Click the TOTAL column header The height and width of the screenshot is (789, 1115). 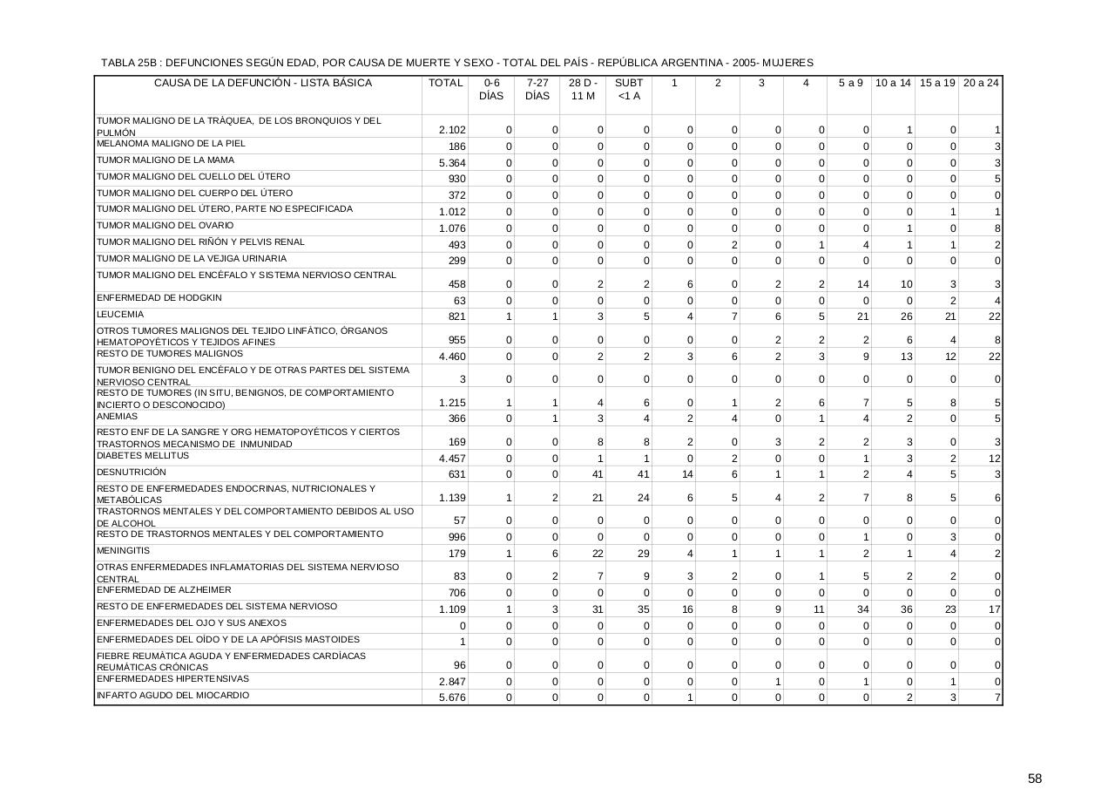coord(445,83)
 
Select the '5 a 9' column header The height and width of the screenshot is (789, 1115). coord(850,83)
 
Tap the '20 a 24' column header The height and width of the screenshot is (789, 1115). coord(981,83)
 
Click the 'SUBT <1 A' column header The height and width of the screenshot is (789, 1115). coord(628,89)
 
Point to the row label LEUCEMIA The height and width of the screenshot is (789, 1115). coord(120,314)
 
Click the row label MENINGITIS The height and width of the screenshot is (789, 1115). coord(123,551)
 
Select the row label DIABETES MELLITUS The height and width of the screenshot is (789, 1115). coord(142,456)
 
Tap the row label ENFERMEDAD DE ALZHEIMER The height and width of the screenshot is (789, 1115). coord(152,590)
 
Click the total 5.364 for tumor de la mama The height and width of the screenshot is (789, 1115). coord(452,163)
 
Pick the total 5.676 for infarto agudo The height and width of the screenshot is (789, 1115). coord(452,697)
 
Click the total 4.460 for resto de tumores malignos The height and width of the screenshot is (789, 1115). coord(452,356)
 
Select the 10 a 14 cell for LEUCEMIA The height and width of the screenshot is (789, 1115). coord(906,316)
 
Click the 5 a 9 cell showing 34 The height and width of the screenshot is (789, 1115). coord(862,609)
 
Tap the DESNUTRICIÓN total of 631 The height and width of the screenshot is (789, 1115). coord(456,474)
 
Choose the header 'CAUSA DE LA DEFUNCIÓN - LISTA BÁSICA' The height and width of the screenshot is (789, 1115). coord(262,83)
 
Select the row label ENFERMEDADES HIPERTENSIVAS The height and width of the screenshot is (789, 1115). coord(172,678)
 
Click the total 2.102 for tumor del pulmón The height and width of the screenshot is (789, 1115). coord(452,130)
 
